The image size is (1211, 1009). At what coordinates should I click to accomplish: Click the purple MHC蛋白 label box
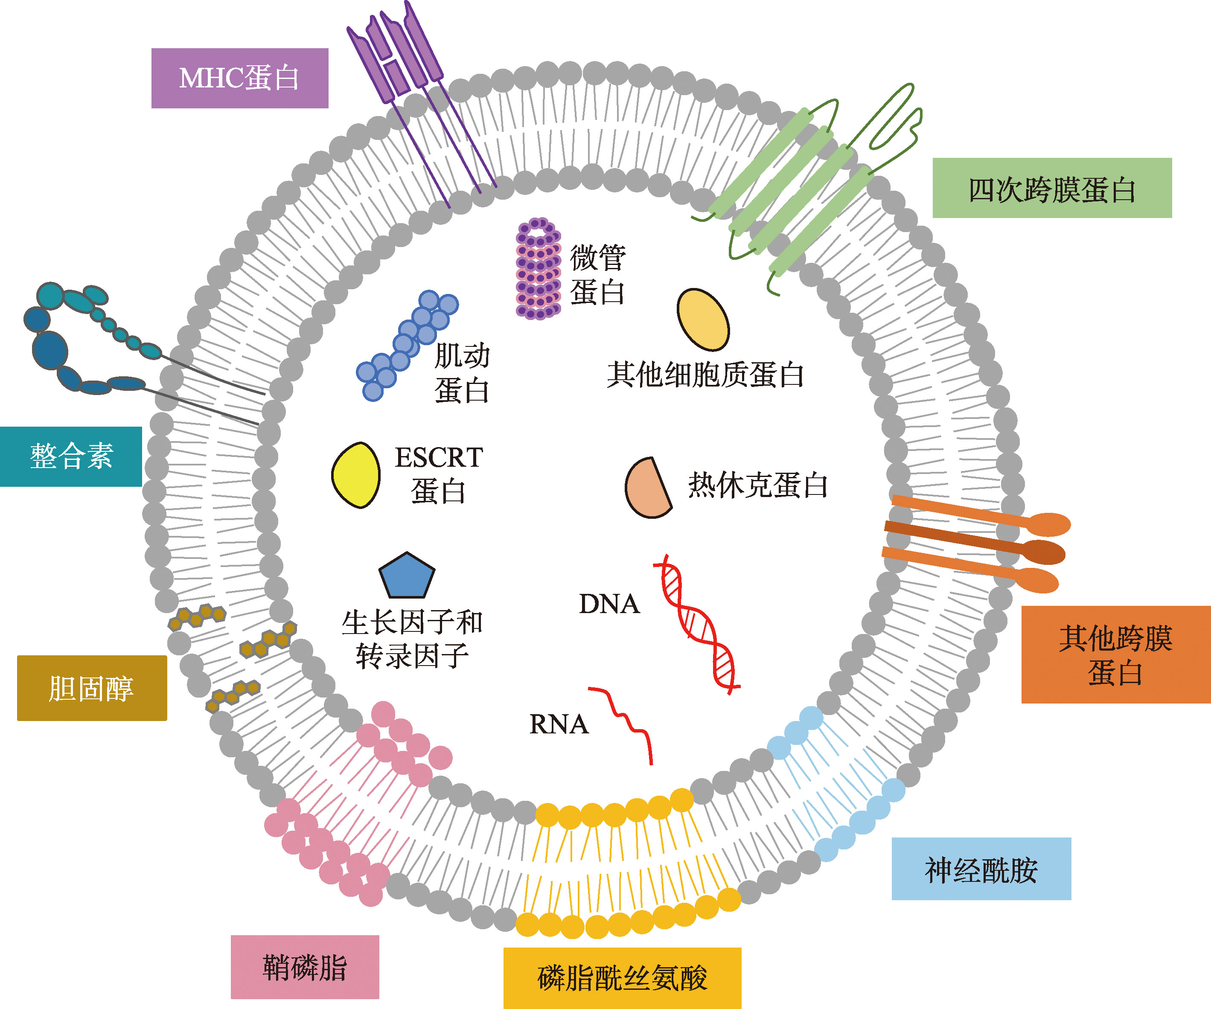(x=239, y=78)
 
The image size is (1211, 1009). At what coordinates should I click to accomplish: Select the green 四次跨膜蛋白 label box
(x=1052, y=188)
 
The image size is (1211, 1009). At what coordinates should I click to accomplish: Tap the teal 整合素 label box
(x=71, y=456)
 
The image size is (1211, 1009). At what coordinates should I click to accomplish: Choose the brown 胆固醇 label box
(x=92, y=688)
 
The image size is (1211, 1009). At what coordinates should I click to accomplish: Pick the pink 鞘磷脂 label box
(x=305, y=967)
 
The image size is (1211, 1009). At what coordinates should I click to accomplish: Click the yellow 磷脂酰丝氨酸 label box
(x=622, y=978)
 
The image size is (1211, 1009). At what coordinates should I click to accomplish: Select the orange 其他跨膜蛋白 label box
(x=1115, y=654)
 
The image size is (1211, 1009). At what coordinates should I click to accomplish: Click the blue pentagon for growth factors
(x=407, y=576)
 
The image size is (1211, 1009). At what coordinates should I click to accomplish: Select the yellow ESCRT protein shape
(x=356, y=475)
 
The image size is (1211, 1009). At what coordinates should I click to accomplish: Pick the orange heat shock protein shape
(x=647, y=489)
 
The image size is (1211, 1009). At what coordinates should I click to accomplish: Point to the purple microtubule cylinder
(x=538, y=269)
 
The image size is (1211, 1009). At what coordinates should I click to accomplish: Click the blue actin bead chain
(x=407, y=345)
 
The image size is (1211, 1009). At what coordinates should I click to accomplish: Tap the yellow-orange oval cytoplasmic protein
(x=703, y=320)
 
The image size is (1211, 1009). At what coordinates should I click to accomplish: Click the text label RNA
(x=558, y=724)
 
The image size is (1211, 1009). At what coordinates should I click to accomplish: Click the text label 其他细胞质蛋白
(x=704, y=375)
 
